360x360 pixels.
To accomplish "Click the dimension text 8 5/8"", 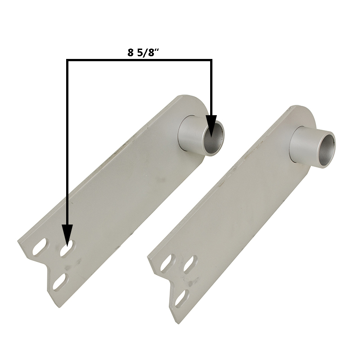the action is click(x=143, y=53).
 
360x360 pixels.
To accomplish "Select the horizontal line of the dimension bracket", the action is click(x=139, y=60).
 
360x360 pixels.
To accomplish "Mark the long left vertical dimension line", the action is click(x=67, y=142).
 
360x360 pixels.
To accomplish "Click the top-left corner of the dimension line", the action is click(x=67, y=59).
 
